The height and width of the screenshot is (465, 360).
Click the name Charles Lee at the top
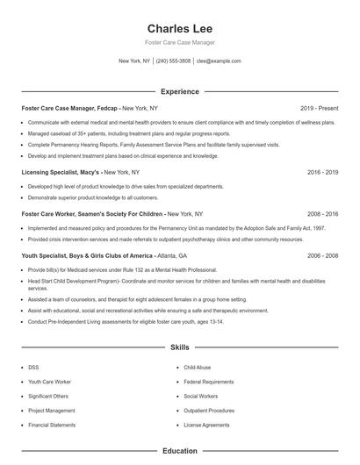(179, 28)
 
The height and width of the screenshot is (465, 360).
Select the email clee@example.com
(219, 61)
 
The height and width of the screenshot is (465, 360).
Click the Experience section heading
(179, 91)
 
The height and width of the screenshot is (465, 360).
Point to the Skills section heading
(179, 347)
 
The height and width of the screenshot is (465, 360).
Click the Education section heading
(179, 451)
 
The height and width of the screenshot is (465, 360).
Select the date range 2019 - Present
(319, 108)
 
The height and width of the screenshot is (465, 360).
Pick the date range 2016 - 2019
(323, 173)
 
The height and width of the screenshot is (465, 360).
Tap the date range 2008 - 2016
(323, 213)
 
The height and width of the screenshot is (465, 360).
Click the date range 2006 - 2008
(323, 254)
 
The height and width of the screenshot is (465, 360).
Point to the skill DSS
(33, 368)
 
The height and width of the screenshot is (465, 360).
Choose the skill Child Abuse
(198, 368)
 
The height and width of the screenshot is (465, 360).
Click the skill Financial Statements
(51, 424)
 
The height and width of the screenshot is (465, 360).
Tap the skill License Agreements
(206, 424)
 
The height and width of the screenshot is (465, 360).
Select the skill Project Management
(51, 410)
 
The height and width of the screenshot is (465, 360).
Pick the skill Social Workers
(201, 396)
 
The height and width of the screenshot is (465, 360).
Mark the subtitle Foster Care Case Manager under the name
(179, 42)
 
